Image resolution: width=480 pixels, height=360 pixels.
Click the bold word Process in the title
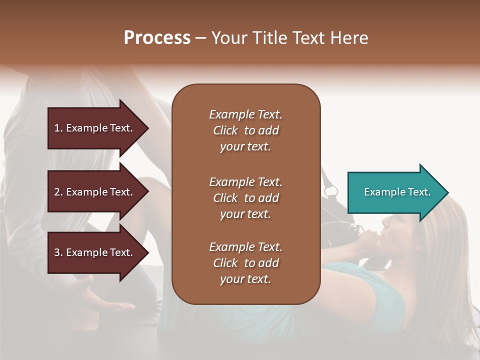point(157,38)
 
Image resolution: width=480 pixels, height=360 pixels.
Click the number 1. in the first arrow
point(58,128)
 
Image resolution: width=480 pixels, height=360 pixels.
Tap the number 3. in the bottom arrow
point(58,252)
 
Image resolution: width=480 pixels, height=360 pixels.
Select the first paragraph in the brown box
point(245,130)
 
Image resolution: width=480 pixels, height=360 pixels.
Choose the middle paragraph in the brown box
point(245,198)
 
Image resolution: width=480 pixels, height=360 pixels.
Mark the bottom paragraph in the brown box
point(245,263)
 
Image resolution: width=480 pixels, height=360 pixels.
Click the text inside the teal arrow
point(397,192)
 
